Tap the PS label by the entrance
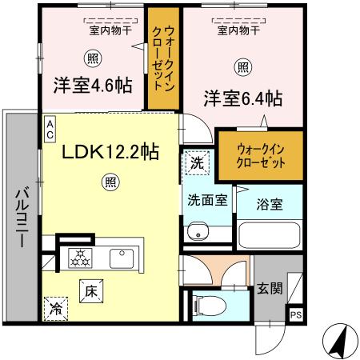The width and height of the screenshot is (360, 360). point(295,314)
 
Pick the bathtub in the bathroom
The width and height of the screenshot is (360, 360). point(269,236)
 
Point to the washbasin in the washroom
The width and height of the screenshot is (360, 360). point(198,232)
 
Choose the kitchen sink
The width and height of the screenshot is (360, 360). point(122,258)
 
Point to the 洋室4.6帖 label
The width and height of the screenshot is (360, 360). point(92,84)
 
